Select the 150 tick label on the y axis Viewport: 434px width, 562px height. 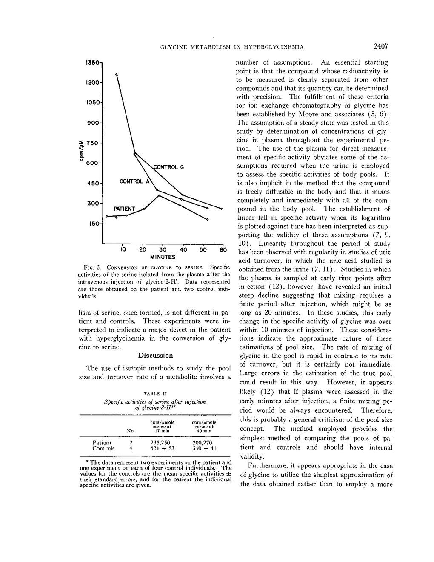[x=93, y=224]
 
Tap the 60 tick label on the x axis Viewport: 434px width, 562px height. [x=223, y=249]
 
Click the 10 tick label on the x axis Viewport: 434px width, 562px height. [x=123, y=249]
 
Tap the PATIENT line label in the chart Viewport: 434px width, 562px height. [x=124, y=209]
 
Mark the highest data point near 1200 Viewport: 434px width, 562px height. [x=116, y=74]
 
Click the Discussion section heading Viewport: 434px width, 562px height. [x=155, y=356]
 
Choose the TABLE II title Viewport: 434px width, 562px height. [x=155, y=394]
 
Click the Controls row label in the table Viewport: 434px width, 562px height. [x=103, y=448]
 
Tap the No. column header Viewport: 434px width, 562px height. [x=131, y=431]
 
